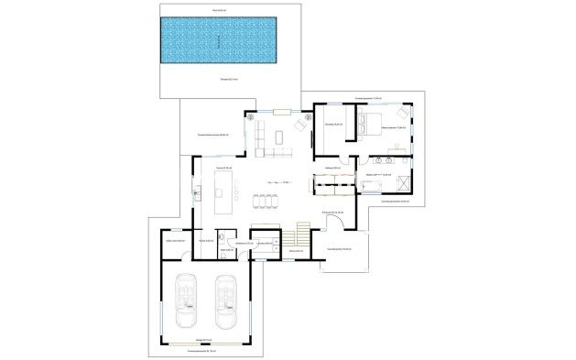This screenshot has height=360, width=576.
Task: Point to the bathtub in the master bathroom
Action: click(x=371, y=187)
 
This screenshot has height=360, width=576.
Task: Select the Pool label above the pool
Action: click(x=219, y=9)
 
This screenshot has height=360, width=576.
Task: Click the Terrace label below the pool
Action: click(x=229, y=80)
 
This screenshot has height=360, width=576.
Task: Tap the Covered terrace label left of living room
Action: click(x=212, y=136)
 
